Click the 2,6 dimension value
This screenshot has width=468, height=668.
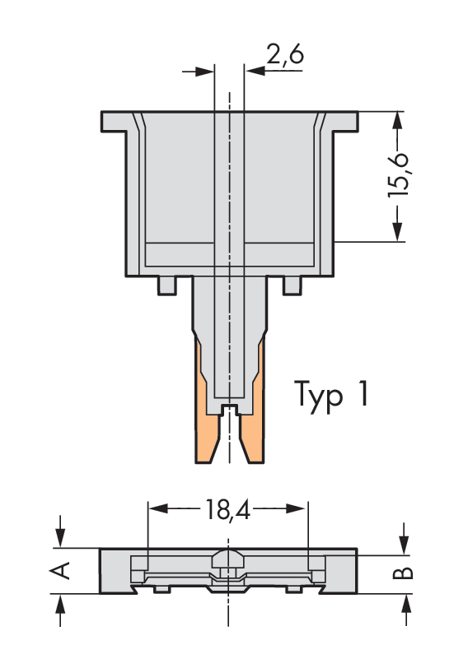point(285,54)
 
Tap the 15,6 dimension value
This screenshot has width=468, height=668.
point(398,174)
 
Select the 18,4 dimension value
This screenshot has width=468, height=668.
point(227,509)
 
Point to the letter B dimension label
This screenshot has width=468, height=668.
point(403,573)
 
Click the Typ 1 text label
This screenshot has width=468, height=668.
point(330,394)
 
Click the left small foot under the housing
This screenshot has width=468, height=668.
point(166,285)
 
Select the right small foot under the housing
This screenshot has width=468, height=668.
point(292,285)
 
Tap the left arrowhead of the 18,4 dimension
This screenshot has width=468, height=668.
point(157,508)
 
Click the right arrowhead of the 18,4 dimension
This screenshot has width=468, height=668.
point(298,508)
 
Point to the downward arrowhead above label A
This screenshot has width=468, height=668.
point(60,538)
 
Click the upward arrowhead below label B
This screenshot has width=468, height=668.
point(405,602)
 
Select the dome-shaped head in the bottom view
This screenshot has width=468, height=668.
point(227,558)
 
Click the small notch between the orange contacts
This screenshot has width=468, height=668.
point(230,409)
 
